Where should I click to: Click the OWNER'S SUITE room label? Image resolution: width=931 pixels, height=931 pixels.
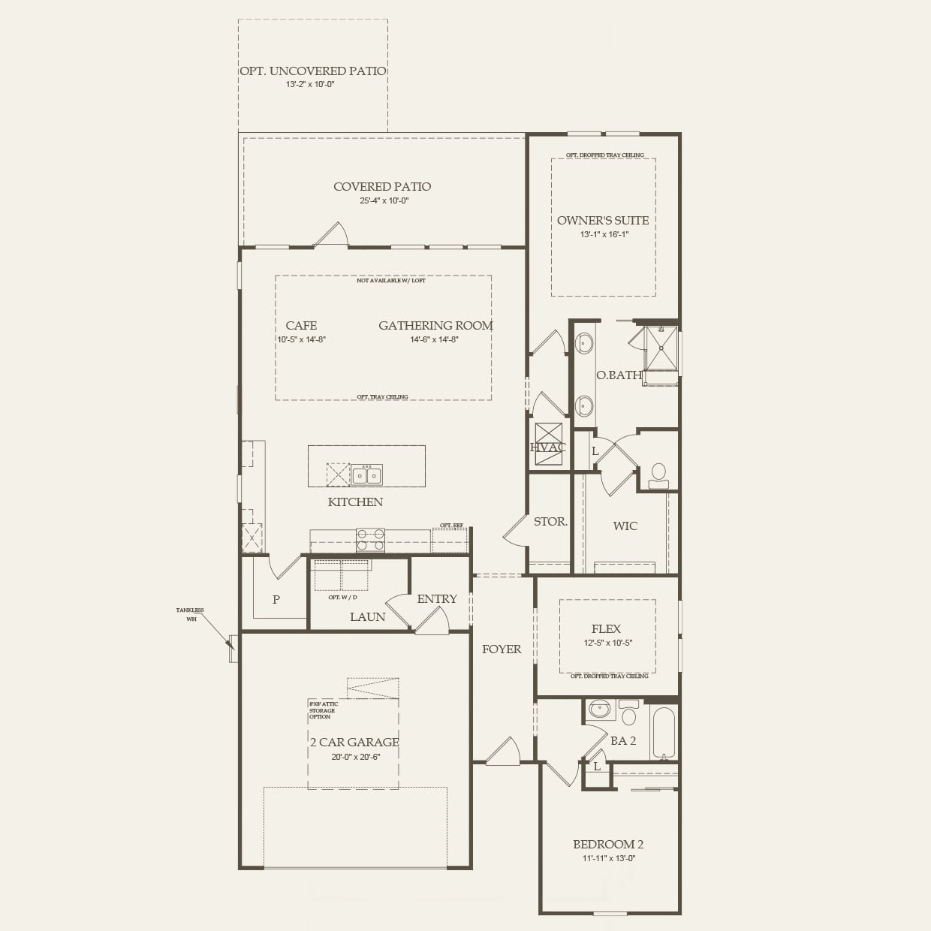[603, 221]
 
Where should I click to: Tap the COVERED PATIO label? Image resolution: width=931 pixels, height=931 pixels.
[382, 187]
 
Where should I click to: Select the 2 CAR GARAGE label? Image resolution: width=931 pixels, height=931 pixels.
[354, 742]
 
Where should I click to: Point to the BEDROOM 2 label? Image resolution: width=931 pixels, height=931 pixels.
[608, 844]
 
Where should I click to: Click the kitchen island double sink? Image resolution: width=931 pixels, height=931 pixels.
[366, 475]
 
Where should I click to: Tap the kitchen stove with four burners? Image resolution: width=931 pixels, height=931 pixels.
[370, 540]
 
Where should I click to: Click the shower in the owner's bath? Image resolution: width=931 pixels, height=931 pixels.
[661, 348]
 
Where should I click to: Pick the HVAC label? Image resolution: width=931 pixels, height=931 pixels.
[548, 447]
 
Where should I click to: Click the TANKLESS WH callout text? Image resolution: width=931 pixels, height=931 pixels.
[190, 614]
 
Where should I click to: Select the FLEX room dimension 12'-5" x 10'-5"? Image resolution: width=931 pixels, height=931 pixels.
[607, 643]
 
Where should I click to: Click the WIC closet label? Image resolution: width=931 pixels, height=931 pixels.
[625, 526]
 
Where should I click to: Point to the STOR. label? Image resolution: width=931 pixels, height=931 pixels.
[550, 521]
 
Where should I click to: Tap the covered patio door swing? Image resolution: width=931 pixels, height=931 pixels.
[331, 234]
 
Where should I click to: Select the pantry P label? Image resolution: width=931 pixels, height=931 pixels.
[276, 599]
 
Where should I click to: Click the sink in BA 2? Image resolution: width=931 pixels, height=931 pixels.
[600, 710]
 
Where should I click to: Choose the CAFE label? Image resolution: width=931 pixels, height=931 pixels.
[301, 325]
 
